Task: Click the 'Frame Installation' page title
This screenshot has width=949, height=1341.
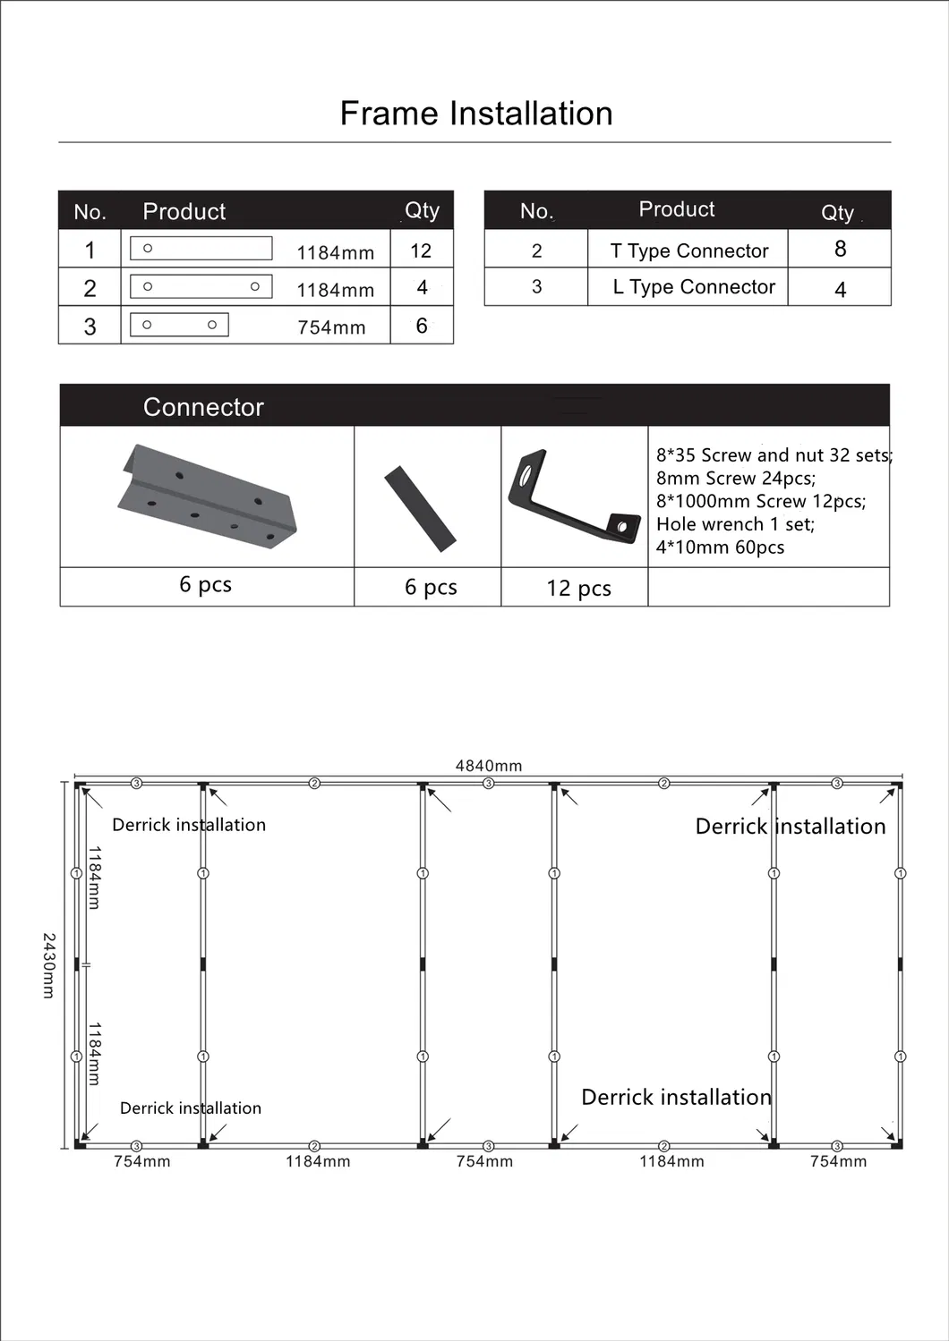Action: (x=476, y=114)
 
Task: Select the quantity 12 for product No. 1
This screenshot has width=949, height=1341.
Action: (x=421, y=250)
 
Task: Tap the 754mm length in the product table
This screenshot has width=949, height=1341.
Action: (x=331, y=327)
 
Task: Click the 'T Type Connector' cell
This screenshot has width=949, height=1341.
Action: (x=688, y=250)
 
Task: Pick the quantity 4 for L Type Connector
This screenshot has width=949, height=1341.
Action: (x=840, y=289)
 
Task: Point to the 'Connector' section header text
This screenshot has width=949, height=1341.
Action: (x=203, y=407)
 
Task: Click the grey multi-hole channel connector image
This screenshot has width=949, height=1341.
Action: (x=207, y=496)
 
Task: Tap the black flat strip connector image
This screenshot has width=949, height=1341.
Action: (x=420, y=508)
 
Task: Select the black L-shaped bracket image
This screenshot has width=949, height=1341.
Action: (x=573, y=496)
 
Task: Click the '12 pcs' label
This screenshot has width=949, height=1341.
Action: (x=578, y=588)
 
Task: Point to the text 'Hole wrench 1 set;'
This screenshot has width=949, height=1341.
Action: (x=735, y=524)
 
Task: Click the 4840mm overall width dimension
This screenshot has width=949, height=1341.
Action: (x=489, y=766)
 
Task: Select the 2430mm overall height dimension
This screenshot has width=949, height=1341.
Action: (x=49, y=965)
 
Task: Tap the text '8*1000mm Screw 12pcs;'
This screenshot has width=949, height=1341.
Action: (x=761, y=501)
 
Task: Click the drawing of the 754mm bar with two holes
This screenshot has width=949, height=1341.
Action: (x=179, y=325)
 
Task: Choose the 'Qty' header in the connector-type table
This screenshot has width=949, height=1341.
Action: (x=837, y=212)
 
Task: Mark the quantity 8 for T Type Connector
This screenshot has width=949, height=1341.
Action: (x=840, y=249)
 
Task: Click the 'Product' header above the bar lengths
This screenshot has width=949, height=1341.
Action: (x=184, y=211)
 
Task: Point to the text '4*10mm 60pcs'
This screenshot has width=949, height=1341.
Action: (x=720, y=547)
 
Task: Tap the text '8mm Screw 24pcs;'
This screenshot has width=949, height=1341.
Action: (x=736, y=478)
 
